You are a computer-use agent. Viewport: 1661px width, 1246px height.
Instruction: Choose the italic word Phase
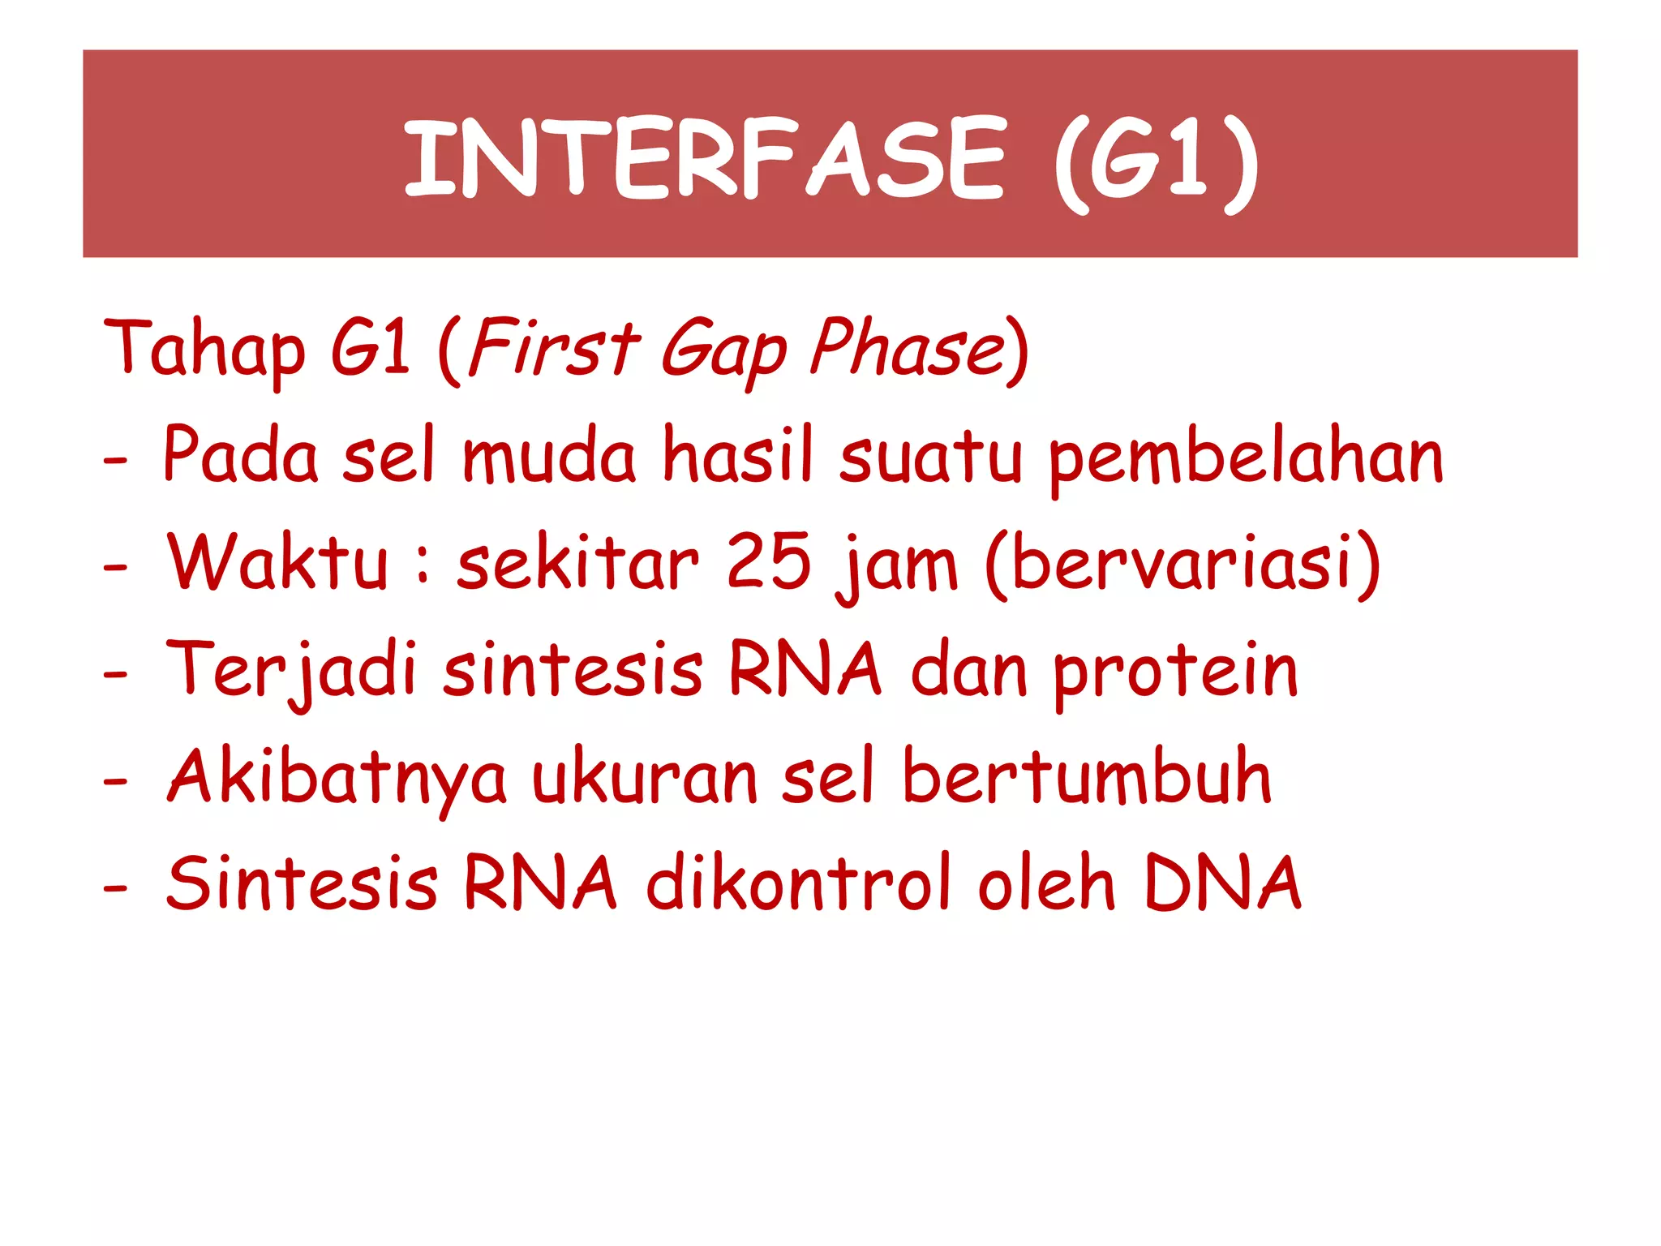point(908,349)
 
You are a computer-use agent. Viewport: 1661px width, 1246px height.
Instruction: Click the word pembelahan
point(1246,458)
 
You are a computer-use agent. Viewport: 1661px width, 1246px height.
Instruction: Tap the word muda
point(549,456)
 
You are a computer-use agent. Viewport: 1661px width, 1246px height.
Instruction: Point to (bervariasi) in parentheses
point(1182,563)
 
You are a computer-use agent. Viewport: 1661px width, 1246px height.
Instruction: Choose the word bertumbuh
point(1087,777)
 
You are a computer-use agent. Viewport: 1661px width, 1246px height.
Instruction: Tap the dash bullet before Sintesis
point(116,889)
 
